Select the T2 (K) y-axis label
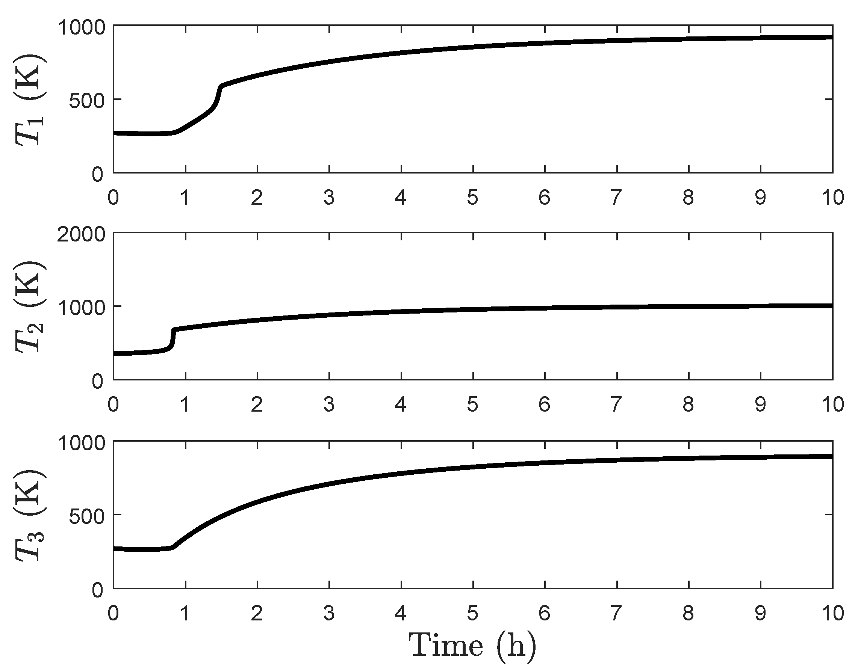(x=30, y=306)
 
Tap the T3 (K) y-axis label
(x=30, y=515)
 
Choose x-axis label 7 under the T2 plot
(x=616, y=404)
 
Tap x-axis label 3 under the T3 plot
(x=329, y=613)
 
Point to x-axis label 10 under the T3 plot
(x=832, y=613)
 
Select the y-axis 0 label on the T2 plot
(x=97, y=382)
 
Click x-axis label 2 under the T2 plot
(x=257, y=404)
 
